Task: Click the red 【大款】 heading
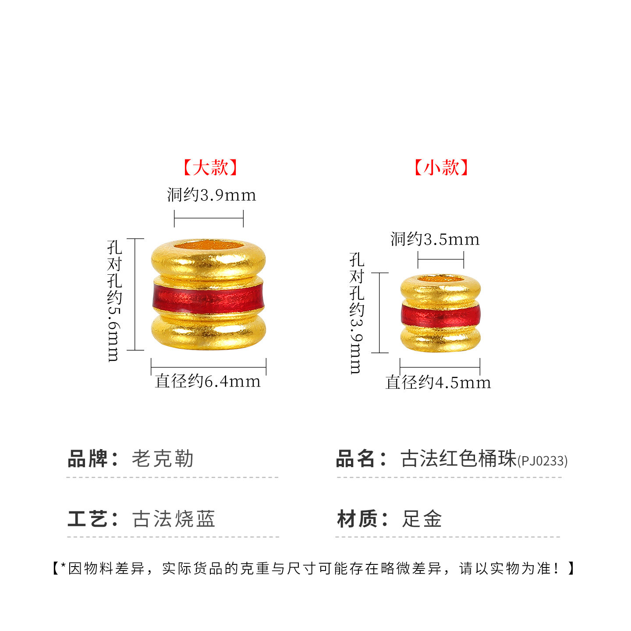210,168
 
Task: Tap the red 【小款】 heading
441,168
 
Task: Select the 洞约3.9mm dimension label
211,195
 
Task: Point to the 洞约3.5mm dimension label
435,239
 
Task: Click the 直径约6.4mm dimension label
208,381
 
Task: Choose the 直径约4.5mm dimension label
438,383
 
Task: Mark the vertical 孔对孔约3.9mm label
356,313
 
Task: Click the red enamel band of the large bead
209,298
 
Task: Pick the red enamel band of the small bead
440,315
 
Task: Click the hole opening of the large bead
209,245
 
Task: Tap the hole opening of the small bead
440,279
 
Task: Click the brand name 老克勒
163,459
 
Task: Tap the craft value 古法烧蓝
174,519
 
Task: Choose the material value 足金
422,519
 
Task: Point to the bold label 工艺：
92,519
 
